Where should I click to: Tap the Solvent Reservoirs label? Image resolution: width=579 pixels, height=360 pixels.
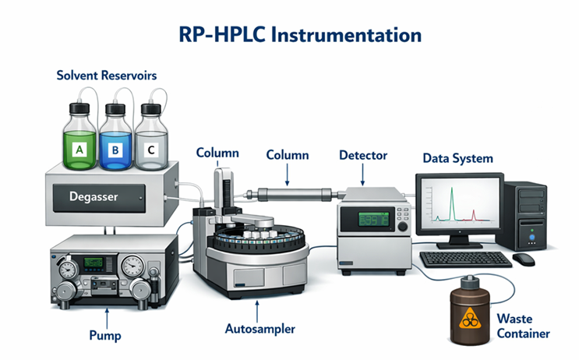click(107, 76)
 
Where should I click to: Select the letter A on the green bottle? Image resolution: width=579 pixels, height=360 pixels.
click(78, 146)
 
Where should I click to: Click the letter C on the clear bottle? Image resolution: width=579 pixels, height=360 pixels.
click(150, 146)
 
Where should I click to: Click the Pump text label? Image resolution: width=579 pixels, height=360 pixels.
click(105, 336)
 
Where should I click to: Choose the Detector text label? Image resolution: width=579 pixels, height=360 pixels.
click(363, 155)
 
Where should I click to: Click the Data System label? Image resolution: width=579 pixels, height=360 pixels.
click(457, 158)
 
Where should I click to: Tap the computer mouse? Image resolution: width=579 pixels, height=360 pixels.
click(524, 258)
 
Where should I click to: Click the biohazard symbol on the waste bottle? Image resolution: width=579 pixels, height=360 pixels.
click(471, 317)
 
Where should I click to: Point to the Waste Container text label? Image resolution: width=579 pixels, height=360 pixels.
click(523, 326)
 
